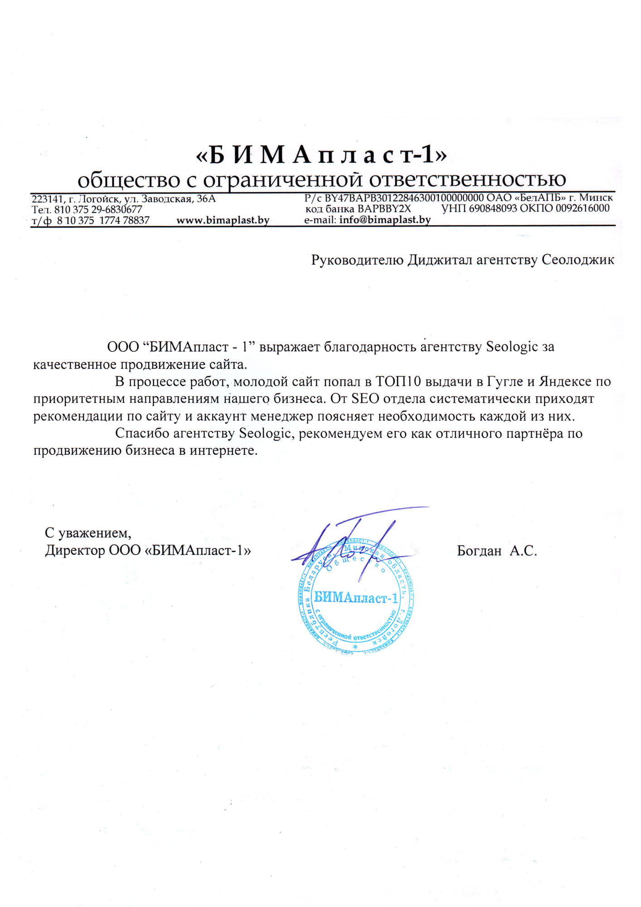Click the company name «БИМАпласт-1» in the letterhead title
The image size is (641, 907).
pos(321,155)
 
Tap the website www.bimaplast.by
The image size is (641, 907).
pos(223,220)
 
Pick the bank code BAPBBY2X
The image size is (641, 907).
pos(384,209)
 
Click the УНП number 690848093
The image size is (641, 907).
pos(493,209)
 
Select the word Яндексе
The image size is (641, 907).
pos(565,381)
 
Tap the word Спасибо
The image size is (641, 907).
pos(142,433)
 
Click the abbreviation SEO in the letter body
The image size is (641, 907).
pos(365,399)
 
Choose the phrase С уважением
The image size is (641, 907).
pos(88,532)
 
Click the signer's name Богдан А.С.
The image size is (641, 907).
pos(497,551)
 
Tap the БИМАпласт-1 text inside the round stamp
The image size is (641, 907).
pos(356,598)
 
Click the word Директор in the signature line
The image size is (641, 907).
pos(75,551)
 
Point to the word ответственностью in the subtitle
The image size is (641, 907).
pos(467,180)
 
